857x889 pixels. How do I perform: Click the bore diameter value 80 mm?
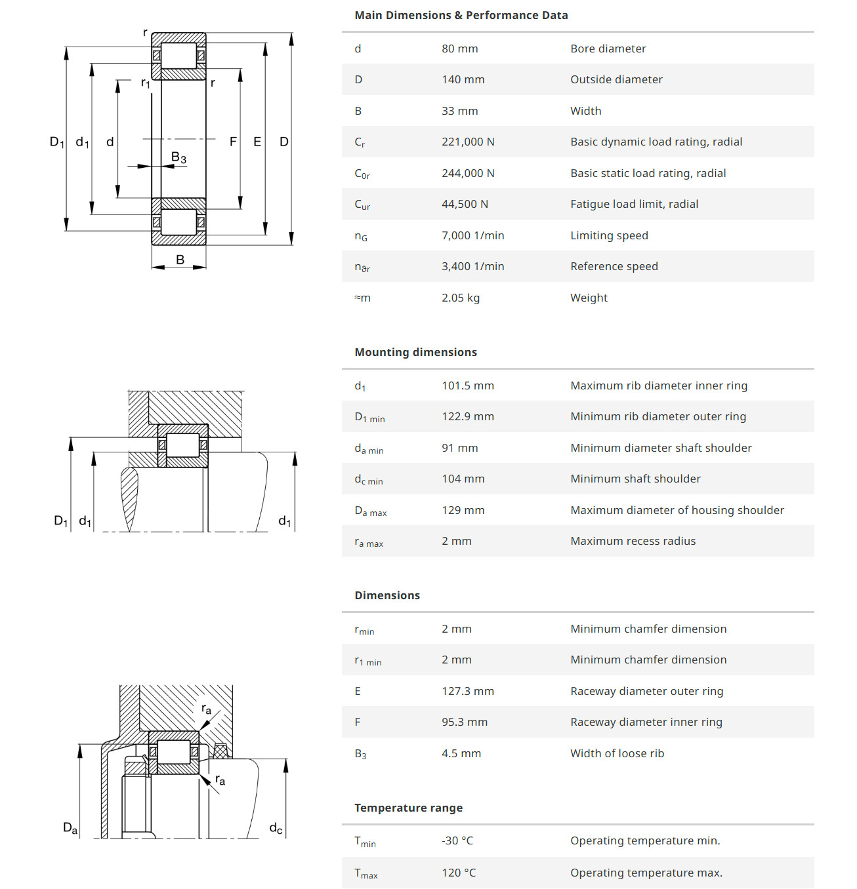[459, 49]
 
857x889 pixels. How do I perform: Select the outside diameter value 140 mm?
[463, 79]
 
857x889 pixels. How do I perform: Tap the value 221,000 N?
[468, 142]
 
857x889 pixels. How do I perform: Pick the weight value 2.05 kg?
[461, 298]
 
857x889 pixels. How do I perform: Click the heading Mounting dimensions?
[415, 352]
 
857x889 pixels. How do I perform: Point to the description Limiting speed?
[609, 235]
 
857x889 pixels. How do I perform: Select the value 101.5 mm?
[468, 385]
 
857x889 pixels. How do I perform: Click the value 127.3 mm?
[468, 691]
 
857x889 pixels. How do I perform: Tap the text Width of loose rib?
[617, 753]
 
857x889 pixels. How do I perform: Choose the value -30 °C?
[457, 840]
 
